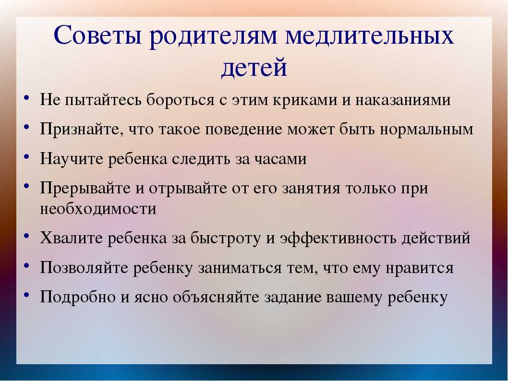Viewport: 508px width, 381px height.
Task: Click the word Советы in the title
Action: (x=98, y=35)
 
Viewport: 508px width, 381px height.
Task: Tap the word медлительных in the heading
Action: (x=369, y=35)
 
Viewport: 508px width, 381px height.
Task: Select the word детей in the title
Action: (x=254, y=68)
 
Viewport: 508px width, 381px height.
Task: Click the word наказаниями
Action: (x=403, y=100)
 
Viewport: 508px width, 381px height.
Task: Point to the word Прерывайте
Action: (x=85, y=188)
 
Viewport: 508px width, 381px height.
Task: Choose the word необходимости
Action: (x=98, y=208)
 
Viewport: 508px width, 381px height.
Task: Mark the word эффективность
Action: (x=338, y=238)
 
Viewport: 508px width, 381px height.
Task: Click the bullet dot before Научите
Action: (x=27, y=157)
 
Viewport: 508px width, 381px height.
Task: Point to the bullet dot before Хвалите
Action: (x=27, y=236)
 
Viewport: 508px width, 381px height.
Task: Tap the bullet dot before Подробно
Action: (x=27, y=295)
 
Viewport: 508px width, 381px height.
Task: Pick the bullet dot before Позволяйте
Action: (x=27, y=265)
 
